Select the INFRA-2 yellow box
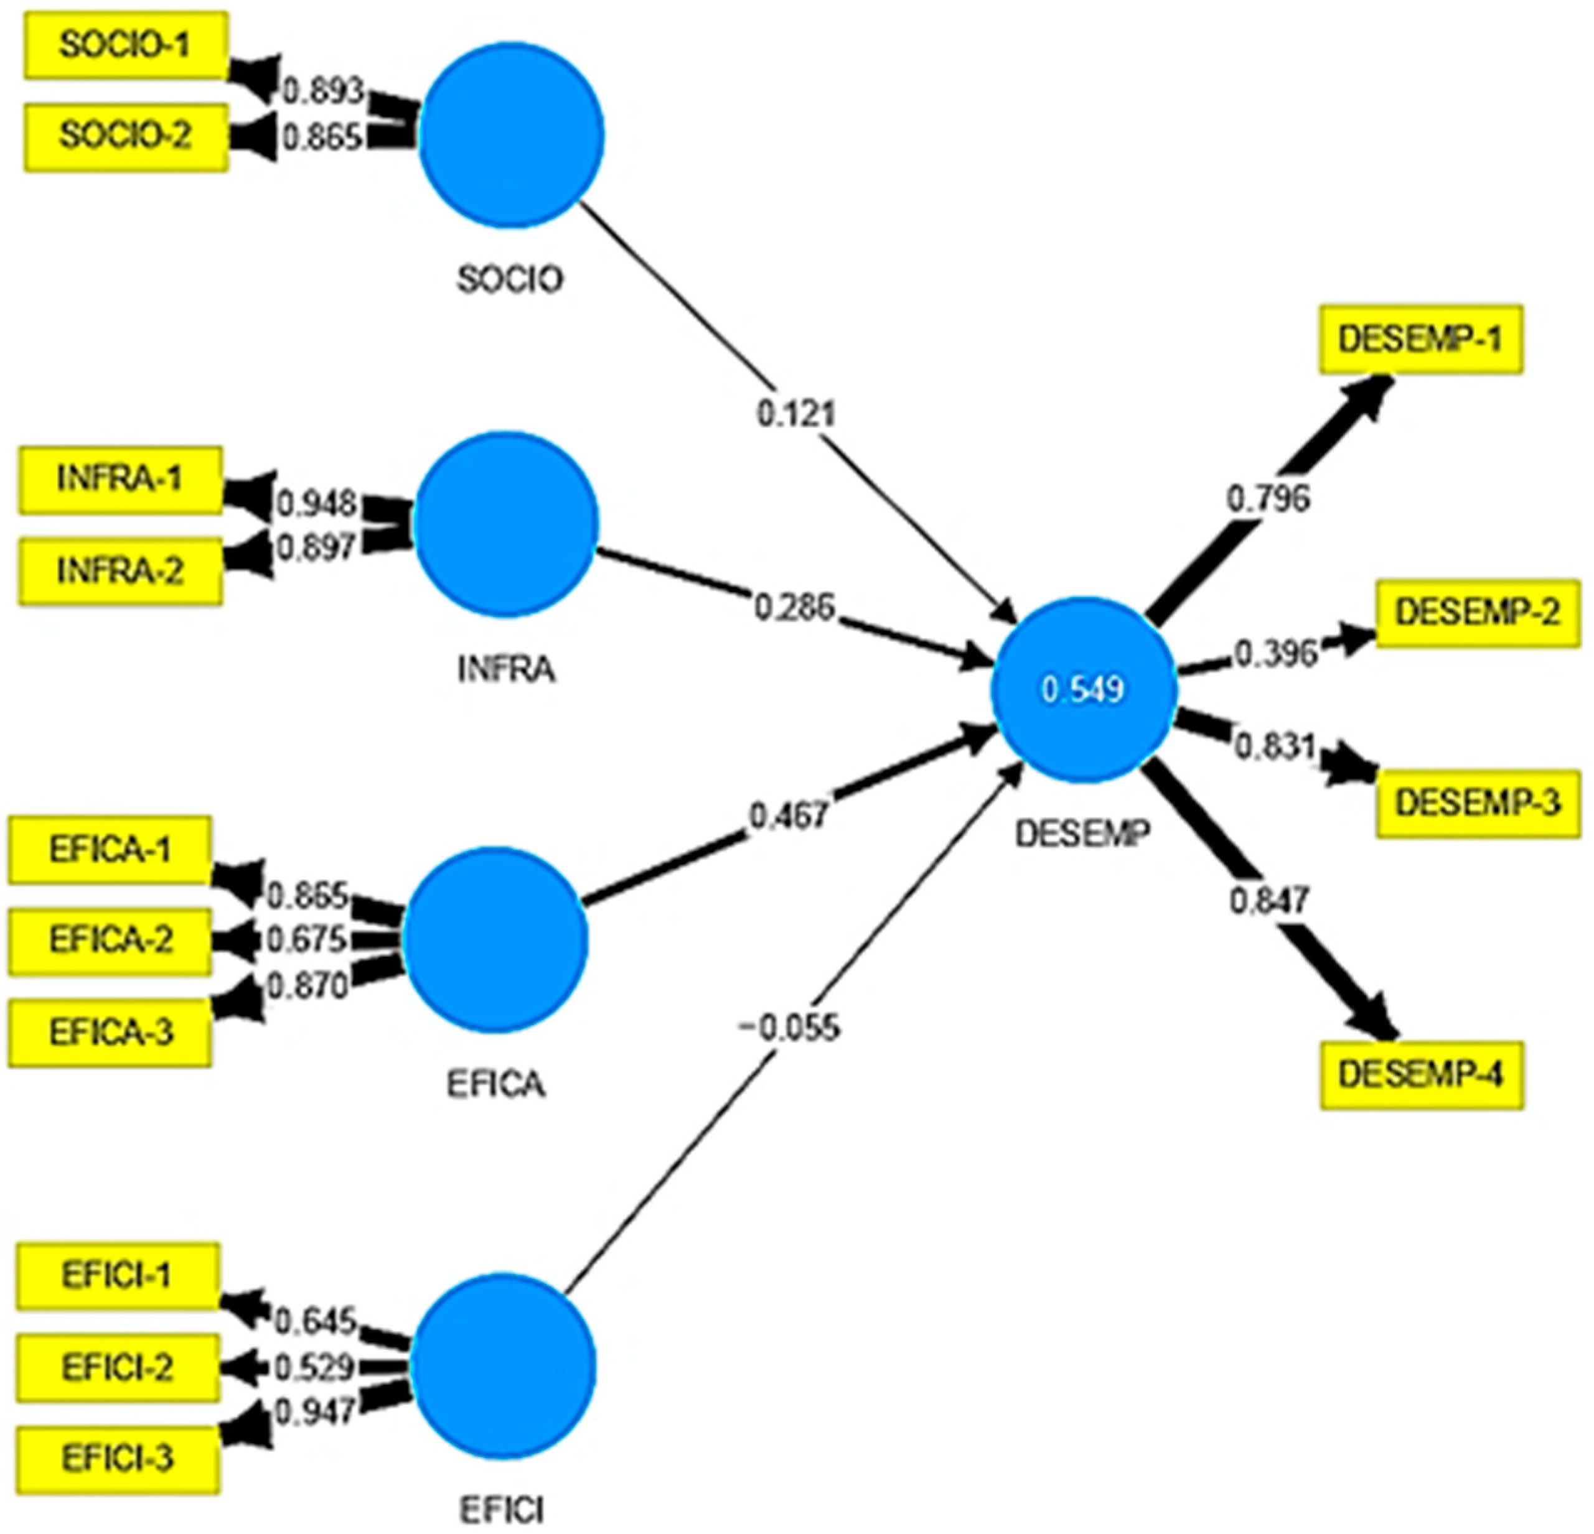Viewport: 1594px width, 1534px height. click(x=120, y=572)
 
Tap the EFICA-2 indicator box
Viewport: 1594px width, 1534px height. click(x=111, y=941)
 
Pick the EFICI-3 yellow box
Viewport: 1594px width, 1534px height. click(x=118, y=1459)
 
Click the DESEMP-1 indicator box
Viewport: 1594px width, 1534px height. click(x=1420, y=339)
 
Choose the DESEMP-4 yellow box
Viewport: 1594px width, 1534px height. click(x=1421, y=1075)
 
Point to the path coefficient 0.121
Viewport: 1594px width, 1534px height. click(x=795, y=414)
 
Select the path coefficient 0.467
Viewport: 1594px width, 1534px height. click(x=788, y=814)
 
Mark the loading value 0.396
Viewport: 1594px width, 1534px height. click(x=1274, y=654)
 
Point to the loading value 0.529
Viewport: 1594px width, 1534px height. click(x=313, y=1368)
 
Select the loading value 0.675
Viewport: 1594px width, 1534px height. click(x=307, y=940)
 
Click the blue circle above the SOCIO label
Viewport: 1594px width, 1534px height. click(x=511, y=134)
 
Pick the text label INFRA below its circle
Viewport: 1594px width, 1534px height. click(x=506, y=670)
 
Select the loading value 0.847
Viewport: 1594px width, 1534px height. click(x=1268, y=901)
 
